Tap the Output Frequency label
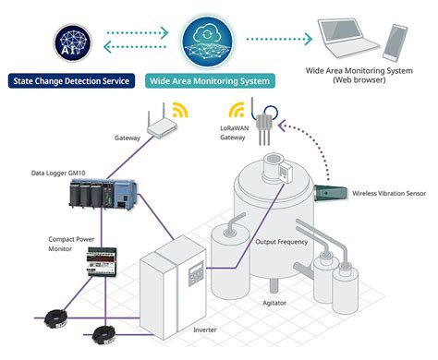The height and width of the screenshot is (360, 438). tap(281, 242)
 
